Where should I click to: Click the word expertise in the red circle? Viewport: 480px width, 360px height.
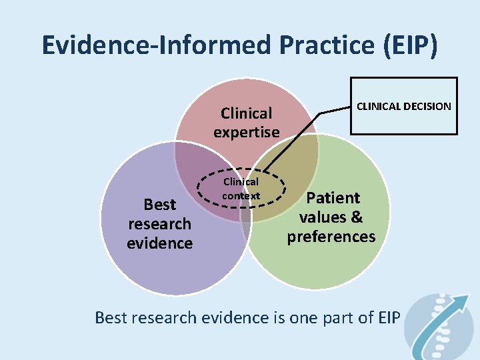pyautogui.click(x=247, y=132)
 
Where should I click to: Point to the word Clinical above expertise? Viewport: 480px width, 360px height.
pyautogui.click(x=247, y=113)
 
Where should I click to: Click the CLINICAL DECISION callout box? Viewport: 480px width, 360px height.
pyautogui.click(x=404, y=106)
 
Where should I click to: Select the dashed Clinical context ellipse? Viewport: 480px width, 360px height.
pyautogui.click(x=241, y=189)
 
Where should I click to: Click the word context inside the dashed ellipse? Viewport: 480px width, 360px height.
pyautogui.click(x=241, y=196)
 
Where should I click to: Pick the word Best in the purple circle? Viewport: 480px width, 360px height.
pyautogui.click(x=160, y=205)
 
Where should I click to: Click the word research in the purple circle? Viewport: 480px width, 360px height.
pyautogui.click(x=160, y=223)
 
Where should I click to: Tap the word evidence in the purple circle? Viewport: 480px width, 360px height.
pyautogui.click(x=160, y=243)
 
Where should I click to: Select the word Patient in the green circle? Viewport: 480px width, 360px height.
pyautogui.click(x=333, y=198)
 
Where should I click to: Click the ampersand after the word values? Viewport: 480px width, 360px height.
pyautogui.click(x=357, y=217)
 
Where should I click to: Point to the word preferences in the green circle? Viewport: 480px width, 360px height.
pyautogui.click(x=331, y=236)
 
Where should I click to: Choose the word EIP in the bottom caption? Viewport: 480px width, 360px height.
pyautogui.click(x=387, y=317)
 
